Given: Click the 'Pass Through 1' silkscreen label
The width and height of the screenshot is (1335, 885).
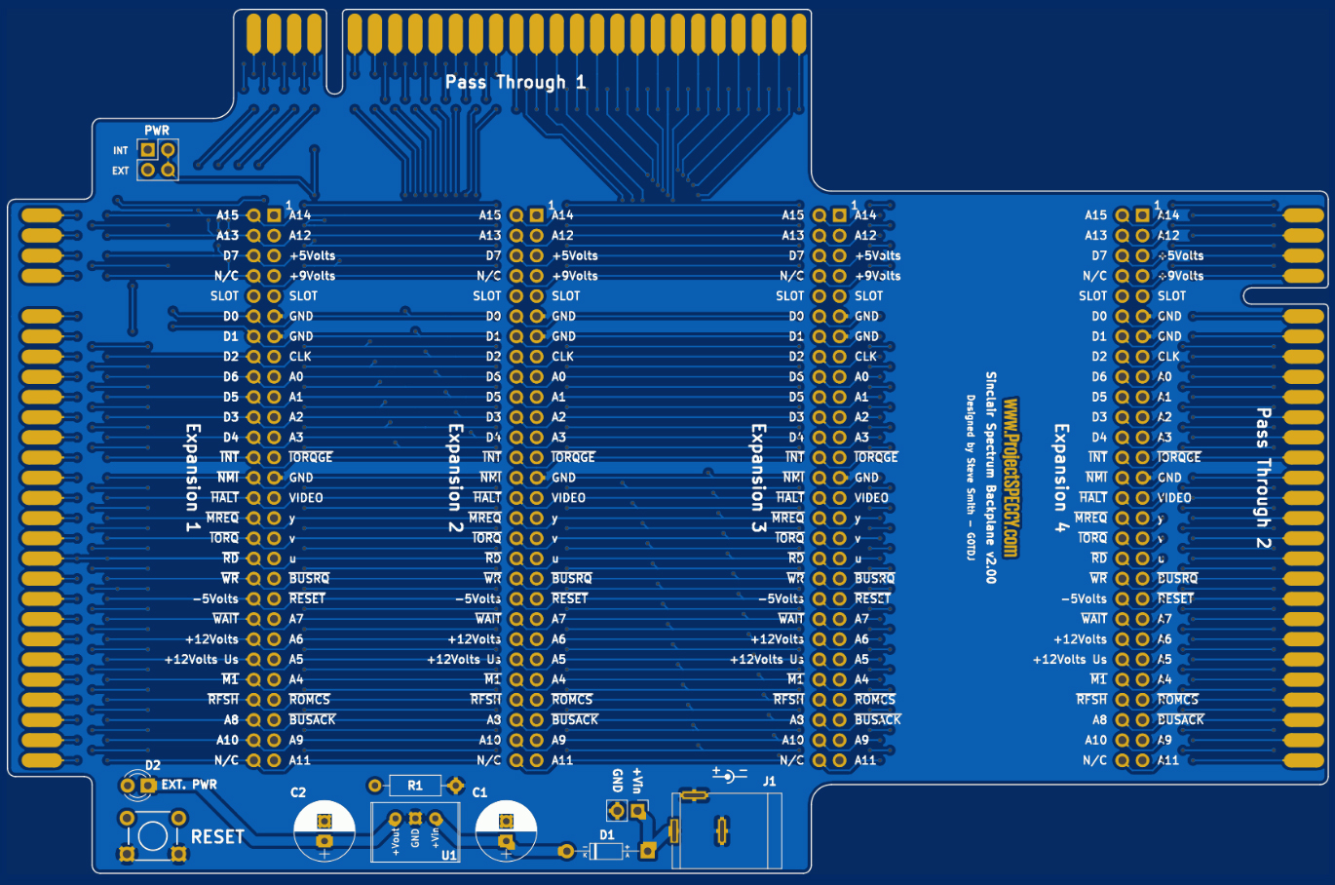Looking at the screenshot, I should (515, 83).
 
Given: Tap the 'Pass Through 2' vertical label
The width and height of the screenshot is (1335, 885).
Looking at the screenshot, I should (1263, 479).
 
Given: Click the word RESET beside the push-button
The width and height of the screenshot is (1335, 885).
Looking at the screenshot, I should (217, 837).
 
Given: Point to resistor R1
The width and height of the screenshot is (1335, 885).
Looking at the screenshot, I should (415, 786).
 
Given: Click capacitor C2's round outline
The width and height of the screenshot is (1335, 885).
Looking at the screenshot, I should (324, 830).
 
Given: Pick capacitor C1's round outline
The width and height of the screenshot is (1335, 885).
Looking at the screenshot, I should (506, 830).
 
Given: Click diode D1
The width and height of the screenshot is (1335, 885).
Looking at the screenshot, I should (607, 851).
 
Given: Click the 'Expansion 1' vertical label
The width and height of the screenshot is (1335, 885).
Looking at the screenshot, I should (193, 478).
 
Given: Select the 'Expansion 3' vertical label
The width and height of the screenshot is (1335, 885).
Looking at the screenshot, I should (758, 478).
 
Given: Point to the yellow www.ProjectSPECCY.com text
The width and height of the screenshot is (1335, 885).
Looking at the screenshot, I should (1011, 478).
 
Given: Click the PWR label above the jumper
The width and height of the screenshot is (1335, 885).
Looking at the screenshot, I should (157, 131).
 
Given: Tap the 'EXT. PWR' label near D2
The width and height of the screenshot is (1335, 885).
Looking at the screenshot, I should (189, 785).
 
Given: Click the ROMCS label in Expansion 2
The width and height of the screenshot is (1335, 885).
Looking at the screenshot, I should (572, 700).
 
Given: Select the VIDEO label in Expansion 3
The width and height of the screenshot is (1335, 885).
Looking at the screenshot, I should (871, 498).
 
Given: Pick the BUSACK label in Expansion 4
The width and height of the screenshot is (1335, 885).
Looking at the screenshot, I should (1181, 720).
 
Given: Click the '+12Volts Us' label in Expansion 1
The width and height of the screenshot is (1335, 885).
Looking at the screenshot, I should (202, 660).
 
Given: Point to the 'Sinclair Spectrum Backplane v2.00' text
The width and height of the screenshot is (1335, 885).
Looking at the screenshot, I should (991, 478).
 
